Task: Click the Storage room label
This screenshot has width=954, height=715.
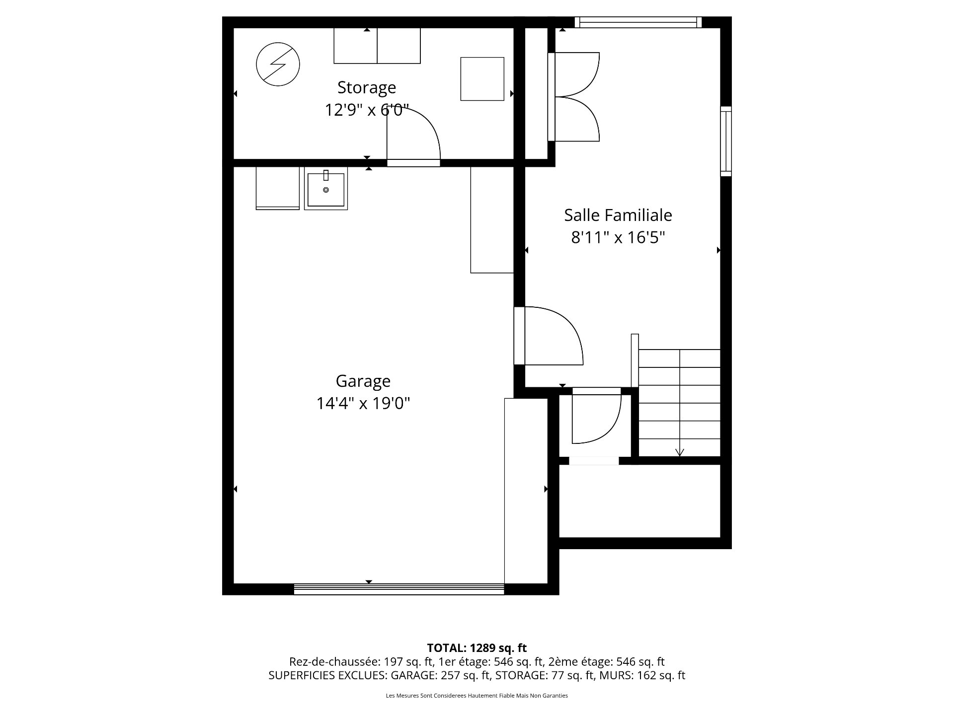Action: point(367,87)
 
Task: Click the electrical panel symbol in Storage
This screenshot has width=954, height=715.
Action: point(278,64)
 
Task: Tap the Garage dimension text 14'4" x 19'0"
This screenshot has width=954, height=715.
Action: point(363,403)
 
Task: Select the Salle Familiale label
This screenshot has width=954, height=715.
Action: point(618,215)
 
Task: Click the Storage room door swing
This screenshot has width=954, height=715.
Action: point(413,134)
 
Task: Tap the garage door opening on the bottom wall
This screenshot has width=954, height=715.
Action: point(399,589)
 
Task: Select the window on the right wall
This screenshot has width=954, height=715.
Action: point(726,141)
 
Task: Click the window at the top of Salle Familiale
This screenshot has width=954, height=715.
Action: point(638,22)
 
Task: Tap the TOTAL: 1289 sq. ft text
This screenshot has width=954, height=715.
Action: point(477,647)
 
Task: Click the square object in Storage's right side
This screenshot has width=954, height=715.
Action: point(482,79)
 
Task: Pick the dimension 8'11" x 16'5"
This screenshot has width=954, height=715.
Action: point(618,238)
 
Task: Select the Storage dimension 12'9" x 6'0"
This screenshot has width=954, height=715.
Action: point(367,110)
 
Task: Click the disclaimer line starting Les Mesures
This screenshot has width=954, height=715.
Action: point(477,696)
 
